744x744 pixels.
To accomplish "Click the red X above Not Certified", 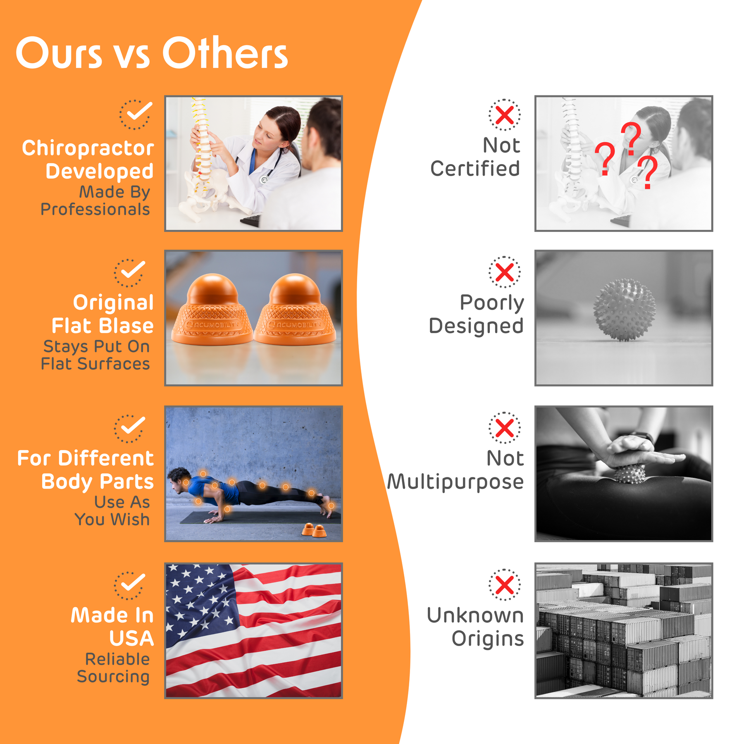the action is (x=505, y=115).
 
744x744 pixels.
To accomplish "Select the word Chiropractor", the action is (x=88, y=148).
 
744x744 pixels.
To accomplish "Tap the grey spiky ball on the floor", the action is (x=625, y=310).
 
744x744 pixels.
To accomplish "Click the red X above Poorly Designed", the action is (x=505, y=272).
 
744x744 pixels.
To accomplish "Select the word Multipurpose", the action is (x=455, y=482).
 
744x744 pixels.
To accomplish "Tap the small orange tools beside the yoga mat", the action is (x=314, y=530).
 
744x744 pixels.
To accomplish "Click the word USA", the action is (x=131, y=639).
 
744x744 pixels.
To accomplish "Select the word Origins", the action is (x=488, y=639).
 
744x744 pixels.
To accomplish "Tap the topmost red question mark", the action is (x=631, y=138).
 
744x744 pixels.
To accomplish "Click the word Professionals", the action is (x=95, y=210).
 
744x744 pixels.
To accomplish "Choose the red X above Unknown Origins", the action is (x=505, y=585).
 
